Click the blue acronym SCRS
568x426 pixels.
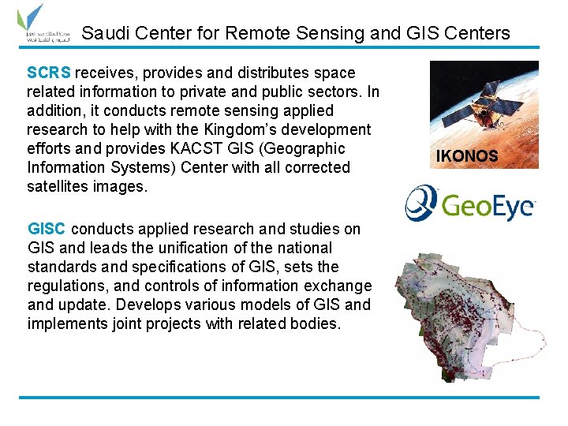(49, 73)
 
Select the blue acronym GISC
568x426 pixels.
(47, 229)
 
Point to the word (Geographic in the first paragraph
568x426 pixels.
(305, 148)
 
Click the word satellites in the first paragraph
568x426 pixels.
(61, 186)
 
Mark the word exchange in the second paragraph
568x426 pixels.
(341, 286)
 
